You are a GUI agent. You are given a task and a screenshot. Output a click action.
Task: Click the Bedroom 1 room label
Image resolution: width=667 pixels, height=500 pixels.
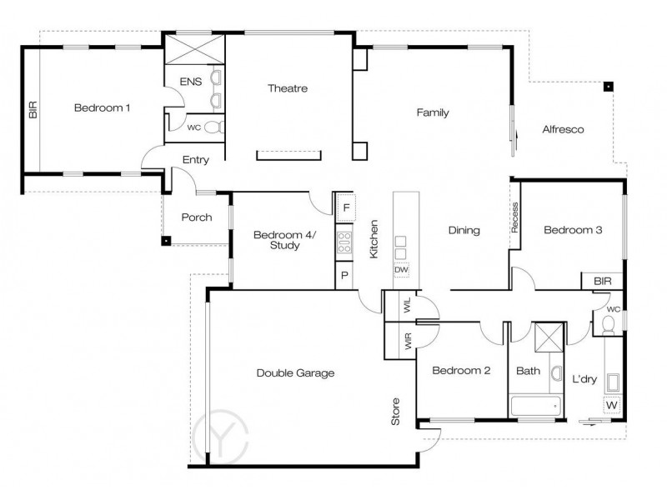[102, 107]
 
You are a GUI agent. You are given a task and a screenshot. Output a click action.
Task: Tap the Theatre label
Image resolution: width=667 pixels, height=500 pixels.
[288, 88]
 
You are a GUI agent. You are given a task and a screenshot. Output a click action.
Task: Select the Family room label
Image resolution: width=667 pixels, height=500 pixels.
[434, 112]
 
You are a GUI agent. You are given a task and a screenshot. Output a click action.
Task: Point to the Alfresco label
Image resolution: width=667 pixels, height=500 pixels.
[563, 130]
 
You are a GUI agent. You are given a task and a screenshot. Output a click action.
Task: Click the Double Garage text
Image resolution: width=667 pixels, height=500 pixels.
[295, 373]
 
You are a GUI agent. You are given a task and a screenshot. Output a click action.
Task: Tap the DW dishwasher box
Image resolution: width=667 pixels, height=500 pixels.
[402, 271]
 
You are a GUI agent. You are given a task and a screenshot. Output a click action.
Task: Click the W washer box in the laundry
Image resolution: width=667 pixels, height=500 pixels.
[612, 405]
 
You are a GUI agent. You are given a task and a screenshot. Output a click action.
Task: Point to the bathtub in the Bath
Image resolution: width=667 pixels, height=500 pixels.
[534, 407]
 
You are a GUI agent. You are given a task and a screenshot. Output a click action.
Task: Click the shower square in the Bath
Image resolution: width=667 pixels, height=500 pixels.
[547, 337]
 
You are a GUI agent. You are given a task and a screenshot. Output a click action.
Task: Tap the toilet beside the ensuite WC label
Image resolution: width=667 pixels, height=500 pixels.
[213, 127]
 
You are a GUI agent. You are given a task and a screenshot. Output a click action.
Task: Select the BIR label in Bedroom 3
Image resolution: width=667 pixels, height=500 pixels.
[602, 282]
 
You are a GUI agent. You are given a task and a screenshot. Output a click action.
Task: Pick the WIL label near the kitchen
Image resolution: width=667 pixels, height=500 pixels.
[408, 305]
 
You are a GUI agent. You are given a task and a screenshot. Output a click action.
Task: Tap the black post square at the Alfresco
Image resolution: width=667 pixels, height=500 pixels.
[609, 86]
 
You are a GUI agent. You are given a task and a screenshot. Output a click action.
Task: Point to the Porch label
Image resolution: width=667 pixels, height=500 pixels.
[197, 217]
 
